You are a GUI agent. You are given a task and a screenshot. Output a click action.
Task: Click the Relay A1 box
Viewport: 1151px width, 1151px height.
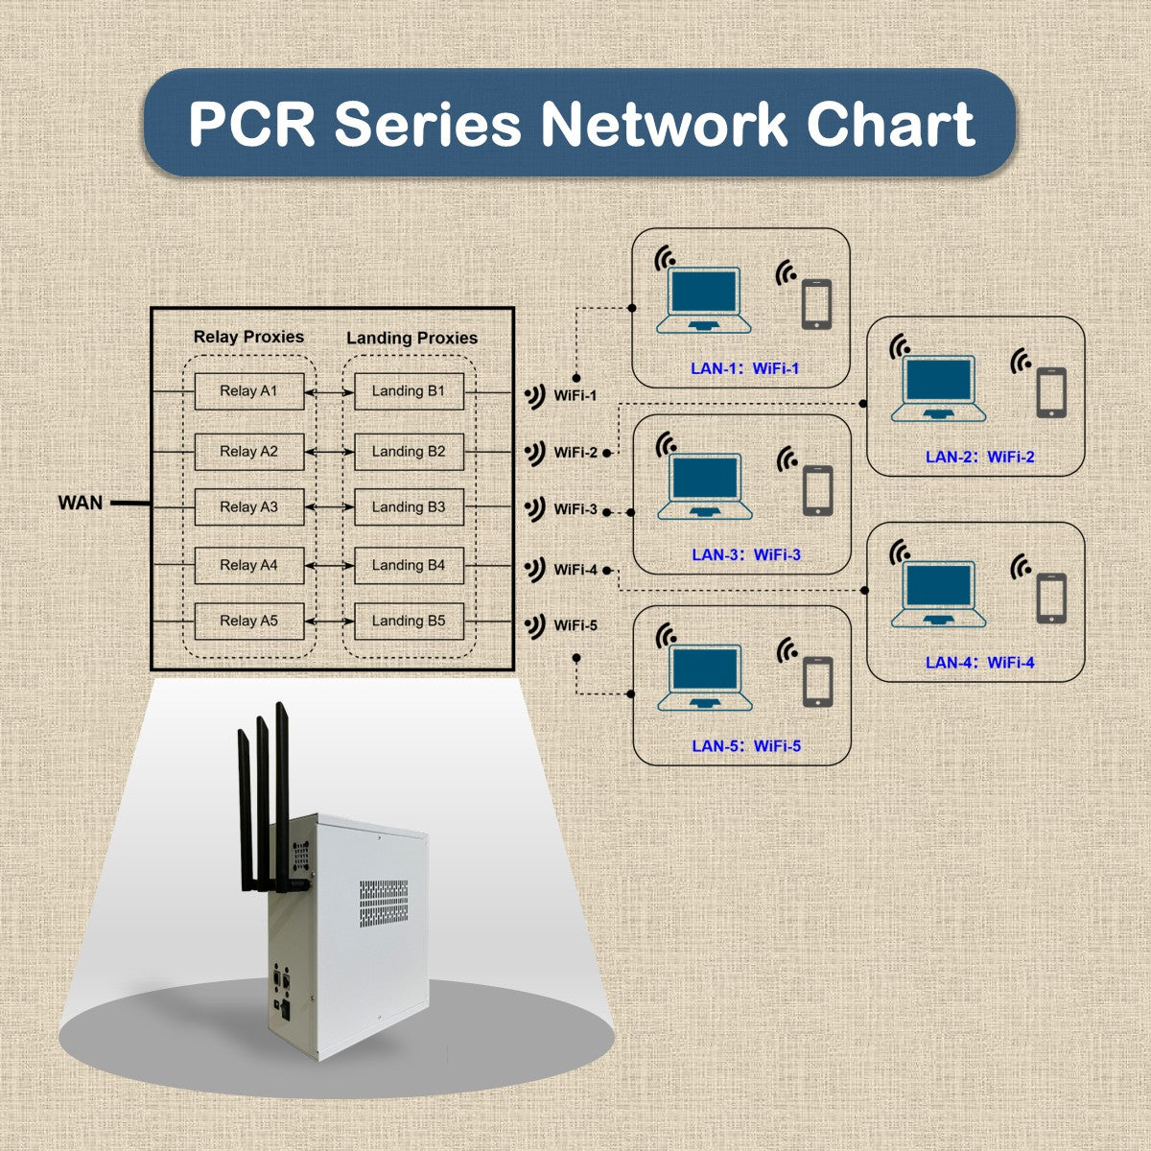pyautogui.click(x=248, y=391)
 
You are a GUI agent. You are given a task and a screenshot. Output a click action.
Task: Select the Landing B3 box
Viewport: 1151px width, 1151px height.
pyautogui.click(x=409, y=507)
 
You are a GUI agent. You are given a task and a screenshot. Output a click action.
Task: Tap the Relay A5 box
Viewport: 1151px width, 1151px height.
pyautogui.click(x=248, y=622)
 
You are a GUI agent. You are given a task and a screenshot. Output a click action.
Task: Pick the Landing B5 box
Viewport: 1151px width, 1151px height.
pyautogui.click(x=409, y=622)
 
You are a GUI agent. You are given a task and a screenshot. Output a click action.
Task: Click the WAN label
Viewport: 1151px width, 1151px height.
pyautogui.click(x=81, y=503)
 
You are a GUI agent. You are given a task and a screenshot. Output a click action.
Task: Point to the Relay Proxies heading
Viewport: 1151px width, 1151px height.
pyautogui.click(x=248, y=337)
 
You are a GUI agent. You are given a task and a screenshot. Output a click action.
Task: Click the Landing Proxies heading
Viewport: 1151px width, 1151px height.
pyautogui.click(x=411, y=338)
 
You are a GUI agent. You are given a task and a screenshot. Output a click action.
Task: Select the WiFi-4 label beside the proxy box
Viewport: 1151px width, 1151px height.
pyautogui.click(x=575, y=570)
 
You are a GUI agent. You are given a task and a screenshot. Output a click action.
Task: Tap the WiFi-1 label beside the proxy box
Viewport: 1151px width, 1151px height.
pyautogui.click(x=575, y=396)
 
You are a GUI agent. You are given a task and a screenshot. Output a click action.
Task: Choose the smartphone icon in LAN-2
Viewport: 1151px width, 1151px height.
pyautogui.click(x=1051, y=390)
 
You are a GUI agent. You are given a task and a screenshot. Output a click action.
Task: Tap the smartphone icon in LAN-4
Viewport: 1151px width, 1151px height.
pyautogui.click(x=1051, y=596)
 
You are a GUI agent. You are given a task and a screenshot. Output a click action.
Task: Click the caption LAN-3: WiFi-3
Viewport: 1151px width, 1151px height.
pyautogui.click(x=746, y=555)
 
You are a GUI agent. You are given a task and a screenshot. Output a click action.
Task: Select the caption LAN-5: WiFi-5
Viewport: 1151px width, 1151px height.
pyautogui.click(x=746, y=746)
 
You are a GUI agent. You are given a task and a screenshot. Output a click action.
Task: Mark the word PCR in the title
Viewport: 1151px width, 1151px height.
pyautogui.click(x=251, y=124)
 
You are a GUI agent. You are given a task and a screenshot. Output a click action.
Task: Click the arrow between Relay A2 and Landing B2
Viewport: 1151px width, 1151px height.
pyautogui.click(x=329, y=452)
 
